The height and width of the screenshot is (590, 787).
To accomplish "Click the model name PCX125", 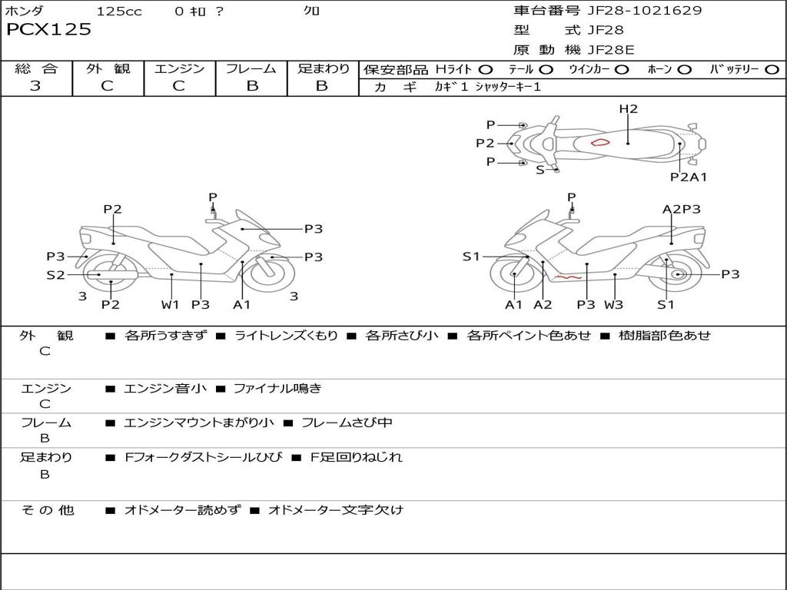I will pyautogui.click(x=49, y=30).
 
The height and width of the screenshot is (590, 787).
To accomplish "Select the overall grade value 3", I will pyautogui.click(x=35, y=86).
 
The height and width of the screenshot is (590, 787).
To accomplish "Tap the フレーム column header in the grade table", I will pyautogui.click(x=251, y=69).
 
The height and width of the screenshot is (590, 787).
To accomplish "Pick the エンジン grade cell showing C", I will pyautogui.click(x=178, y=86).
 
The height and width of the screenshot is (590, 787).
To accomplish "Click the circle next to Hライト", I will pyautogui.click(x=486, y=69).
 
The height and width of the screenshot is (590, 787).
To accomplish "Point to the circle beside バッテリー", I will pyautogui.click(x=772, y=69).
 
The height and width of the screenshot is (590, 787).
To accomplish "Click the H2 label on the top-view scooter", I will pyautogui.click(x=629, y=109).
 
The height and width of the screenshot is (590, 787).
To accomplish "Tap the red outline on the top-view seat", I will pyautogui.click(x=599, y=142).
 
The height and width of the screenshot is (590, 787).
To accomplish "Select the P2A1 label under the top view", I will pyautogui.click(x=689, y=177).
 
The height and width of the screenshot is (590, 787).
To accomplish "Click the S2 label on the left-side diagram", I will pyautogui.click(x=55, y=274).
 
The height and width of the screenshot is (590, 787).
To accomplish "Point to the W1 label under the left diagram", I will pyautogui.click(x=170, y=304).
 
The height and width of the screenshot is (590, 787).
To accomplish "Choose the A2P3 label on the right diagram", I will pyautogui.click(x=682, y=209).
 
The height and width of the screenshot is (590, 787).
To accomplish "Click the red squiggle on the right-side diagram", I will pyautogui.click(x=569, y=277).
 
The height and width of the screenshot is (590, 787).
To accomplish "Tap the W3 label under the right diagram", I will pyautogui.click(x=613, y=304).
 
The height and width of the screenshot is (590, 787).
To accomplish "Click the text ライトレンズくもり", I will pyautogui.click(x=286, y=336).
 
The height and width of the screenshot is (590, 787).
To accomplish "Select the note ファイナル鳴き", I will pyautogui.click(x=277, y=389).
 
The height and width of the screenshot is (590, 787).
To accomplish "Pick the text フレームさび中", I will pyautogui.click(x=347, y=423).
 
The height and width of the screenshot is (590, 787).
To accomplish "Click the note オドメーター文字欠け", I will pyautogui.click(x=335, y=510).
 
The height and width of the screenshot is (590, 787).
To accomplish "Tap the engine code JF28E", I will pyautogui.click(x=611, y=50).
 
